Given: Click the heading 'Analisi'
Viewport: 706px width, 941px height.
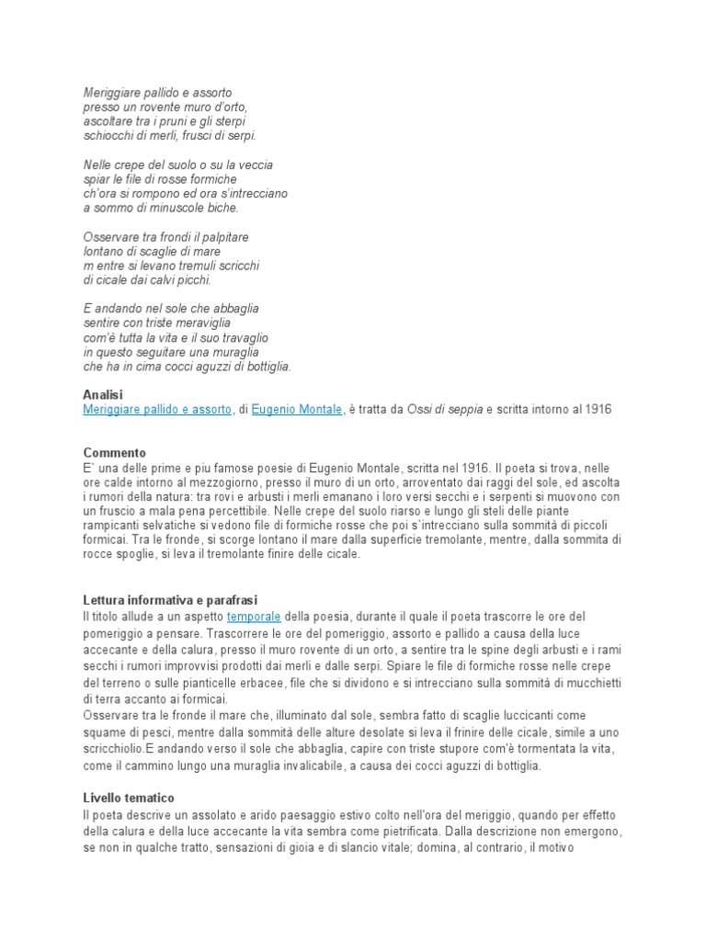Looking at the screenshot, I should click(102, 395).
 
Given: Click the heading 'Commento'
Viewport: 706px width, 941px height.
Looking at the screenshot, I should click(114, 453).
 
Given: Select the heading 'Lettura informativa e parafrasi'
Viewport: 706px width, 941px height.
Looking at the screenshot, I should click(176, 600).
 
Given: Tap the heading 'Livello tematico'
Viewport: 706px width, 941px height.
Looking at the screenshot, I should click(129, 798).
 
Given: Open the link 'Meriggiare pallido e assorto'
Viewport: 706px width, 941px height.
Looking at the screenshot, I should click(157, 410).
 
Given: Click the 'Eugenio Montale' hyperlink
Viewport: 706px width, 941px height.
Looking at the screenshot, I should click(296, 410).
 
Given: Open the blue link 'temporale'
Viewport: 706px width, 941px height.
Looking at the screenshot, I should click(254, 616).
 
